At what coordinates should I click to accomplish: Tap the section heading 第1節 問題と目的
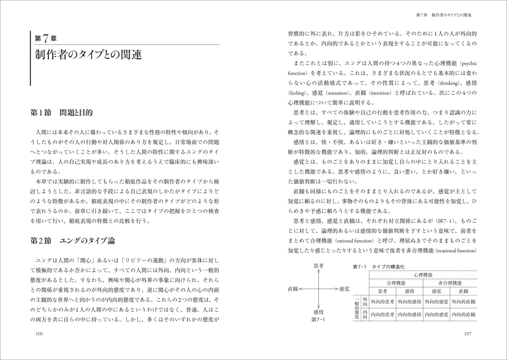click(x=61, y=113)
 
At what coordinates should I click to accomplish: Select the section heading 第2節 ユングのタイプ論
click(x=72, y=241)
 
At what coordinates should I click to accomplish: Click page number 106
click(x=39, y=334)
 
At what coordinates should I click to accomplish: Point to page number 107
click(x=467, y=334)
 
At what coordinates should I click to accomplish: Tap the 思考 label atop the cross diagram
click(x=318, y=266)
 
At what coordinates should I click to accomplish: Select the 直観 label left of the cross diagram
click(x=293, y=289)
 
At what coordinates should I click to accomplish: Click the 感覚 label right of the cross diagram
click(x=344, y=289)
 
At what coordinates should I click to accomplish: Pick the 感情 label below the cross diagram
click(x=318, y=312)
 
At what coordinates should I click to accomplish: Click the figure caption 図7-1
click(x=318, y=320)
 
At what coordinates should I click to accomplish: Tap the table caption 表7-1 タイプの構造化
click(x=379, y=267)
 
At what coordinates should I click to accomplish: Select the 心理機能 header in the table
click(x=423, y=275)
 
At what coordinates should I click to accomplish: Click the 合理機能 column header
click(x=396, y=283)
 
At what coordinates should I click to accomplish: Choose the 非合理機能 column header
click(x=450, y=283)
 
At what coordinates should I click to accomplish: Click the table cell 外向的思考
click(x=383, y=302)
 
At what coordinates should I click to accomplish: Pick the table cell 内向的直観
click(x=463, y=315)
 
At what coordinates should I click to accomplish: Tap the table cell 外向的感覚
click(x=436, y=302)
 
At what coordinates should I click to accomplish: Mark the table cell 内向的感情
click(x=409, y=315)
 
